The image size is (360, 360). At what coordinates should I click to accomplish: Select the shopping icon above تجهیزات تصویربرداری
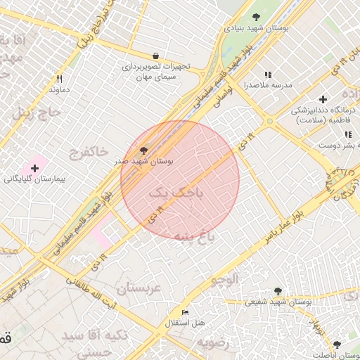[x=155, y=56]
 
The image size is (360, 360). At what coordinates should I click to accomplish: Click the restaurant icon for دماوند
[x=59, y=79]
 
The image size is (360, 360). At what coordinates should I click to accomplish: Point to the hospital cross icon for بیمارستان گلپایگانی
[x=34, y=168]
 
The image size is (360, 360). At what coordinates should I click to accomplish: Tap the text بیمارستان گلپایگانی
[x=34, y=180]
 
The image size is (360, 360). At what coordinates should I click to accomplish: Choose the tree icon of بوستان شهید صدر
[x=144, y=150]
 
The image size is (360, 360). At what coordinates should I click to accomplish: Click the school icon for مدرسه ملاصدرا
[x=267, y=74]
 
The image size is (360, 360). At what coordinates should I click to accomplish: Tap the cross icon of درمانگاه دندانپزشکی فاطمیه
[x=323, y=99]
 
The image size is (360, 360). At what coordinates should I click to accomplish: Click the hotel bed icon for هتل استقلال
[x=185, y=312]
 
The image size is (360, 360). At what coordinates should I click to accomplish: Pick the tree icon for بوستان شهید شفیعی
[x=278, y=290]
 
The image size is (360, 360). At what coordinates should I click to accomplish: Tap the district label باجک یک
[x=176, y=193]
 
